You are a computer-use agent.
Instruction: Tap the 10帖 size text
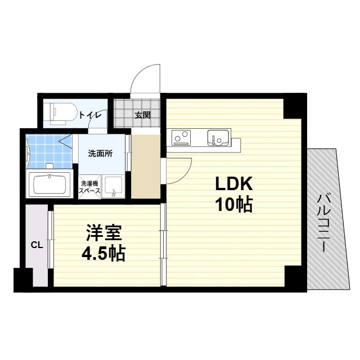(x=232, y=204)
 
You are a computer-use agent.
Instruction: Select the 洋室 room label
(x=104, y=233)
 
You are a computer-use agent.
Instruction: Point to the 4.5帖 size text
(x=103, y=254)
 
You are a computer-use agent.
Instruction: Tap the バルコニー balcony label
(x=323, y=222)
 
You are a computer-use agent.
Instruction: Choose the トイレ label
(x=90, y=115)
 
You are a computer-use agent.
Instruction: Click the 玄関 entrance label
(x=142, y=115)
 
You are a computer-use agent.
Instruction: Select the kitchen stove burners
(x=181, y=137)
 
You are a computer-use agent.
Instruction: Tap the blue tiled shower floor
(x=45, y=149)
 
